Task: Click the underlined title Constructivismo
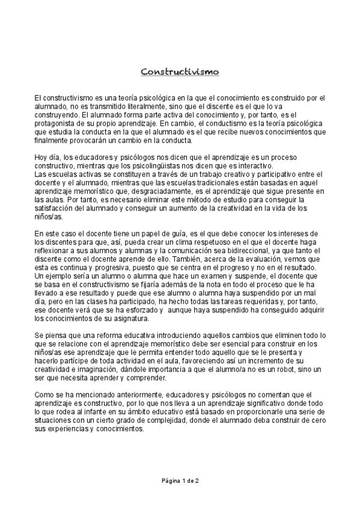(180, 72)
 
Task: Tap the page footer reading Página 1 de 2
(180, 481)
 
